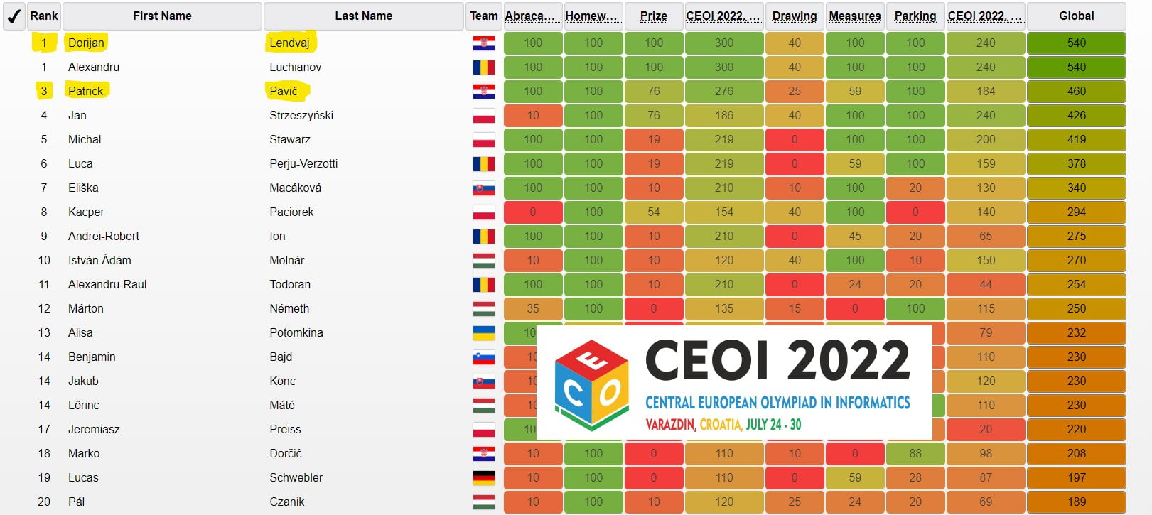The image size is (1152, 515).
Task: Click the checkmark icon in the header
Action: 14,16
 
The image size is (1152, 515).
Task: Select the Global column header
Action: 1076,16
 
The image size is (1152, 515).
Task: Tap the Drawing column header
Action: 794,16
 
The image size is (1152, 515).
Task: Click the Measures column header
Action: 854,16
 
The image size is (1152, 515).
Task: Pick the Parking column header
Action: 915,16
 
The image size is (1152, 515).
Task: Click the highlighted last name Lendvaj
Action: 289,43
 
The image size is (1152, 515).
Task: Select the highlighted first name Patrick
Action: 85,92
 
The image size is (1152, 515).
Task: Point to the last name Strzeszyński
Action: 301,116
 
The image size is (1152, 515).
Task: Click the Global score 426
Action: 1076,116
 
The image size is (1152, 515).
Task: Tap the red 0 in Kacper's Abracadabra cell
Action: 533,212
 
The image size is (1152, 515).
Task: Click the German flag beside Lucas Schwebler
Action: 484,478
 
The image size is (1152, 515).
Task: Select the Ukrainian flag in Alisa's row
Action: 484,333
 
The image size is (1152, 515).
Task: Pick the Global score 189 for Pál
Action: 1076,502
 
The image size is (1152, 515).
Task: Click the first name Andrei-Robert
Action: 104,237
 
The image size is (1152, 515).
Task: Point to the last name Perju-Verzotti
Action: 303,164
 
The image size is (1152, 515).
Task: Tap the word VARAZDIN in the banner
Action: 669,425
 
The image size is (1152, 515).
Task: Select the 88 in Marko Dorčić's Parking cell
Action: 915,454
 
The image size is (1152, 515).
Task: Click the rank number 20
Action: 44,502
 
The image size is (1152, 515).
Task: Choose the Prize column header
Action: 653,16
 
